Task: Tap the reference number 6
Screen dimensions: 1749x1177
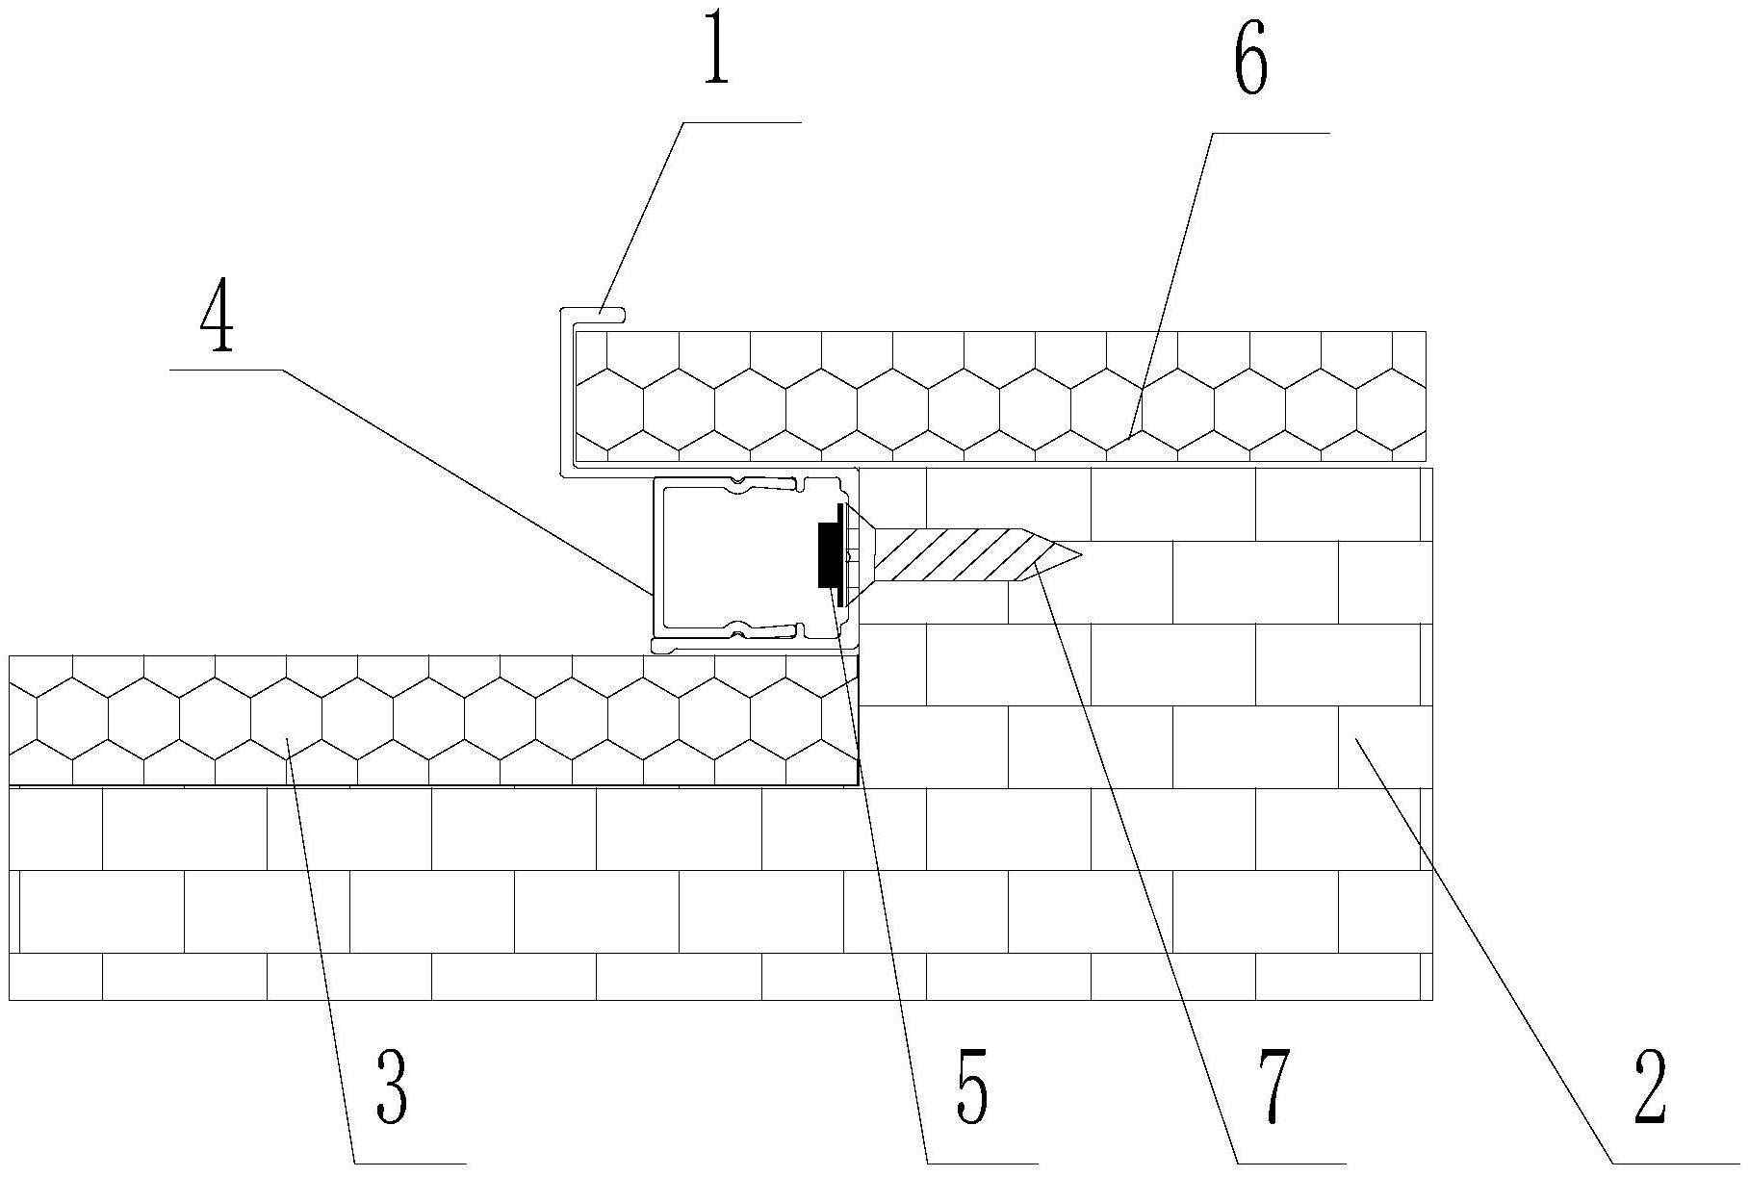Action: click(1250, 57)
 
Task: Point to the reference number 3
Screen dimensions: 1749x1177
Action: click(392, 1087)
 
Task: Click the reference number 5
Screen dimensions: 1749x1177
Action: click(971, 1087)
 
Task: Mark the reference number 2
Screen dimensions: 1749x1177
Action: click(1650, 1087)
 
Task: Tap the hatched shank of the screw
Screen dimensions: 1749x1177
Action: click(953, 555)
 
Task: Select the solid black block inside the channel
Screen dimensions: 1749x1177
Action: click(827, 555)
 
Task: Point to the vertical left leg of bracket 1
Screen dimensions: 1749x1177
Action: click(565, 395)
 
